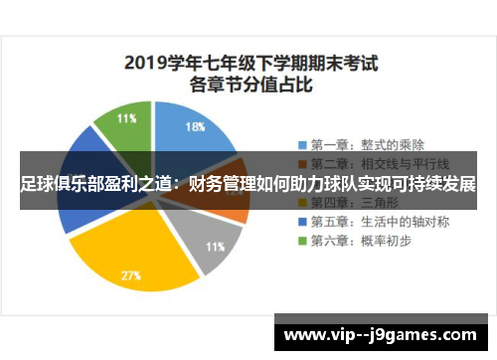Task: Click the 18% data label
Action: point(196,126)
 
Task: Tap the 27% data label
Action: point(130,275)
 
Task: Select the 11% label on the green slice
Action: point(127,118)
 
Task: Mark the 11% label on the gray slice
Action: point(215,246)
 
